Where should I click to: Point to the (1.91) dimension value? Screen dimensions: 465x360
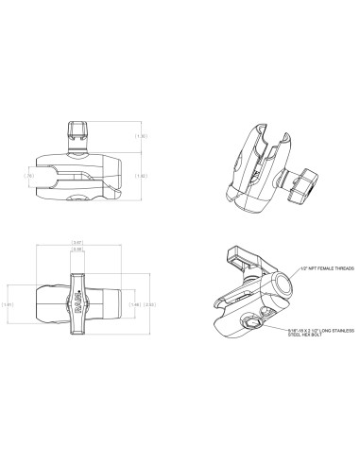pos(9,305)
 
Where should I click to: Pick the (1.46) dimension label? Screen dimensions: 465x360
pos(135,305)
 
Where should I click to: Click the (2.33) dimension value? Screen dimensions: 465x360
pos(148,305)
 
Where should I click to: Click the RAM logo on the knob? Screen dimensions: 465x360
pos(77,307)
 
